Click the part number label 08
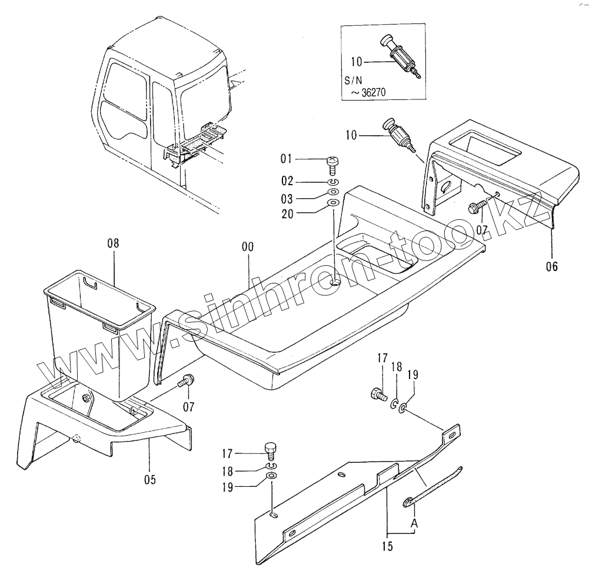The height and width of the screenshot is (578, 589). point(114,242)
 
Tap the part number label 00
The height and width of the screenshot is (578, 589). point(248,247)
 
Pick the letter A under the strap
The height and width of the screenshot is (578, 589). point(414,523)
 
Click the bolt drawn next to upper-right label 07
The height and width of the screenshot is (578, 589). point(477,207)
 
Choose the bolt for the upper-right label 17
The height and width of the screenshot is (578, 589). point(377,394)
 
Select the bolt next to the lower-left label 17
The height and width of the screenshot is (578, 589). point(271,450)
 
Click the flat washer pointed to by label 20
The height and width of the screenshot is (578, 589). point(332,203)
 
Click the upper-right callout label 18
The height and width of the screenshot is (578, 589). point(397,367)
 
